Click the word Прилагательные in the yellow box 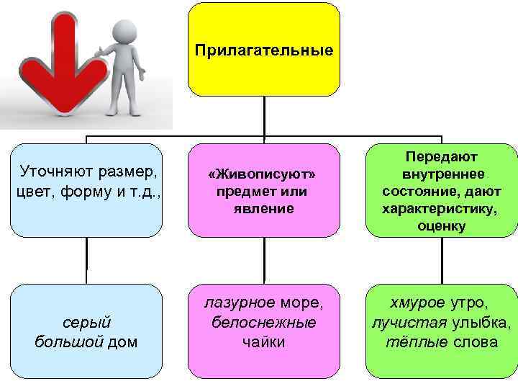(x=264, y=50)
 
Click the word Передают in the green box (x=442, y=156)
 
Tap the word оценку (x=442, y=226)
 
